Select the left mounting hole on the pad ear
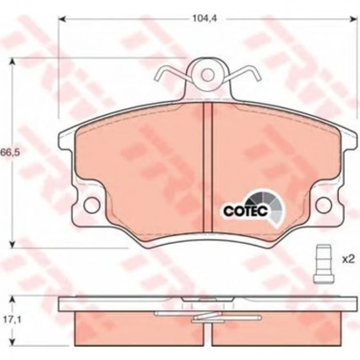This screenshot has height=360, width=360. tap(91, 205)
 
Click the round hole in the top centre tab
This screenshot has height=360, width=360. tap(207, 75)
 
